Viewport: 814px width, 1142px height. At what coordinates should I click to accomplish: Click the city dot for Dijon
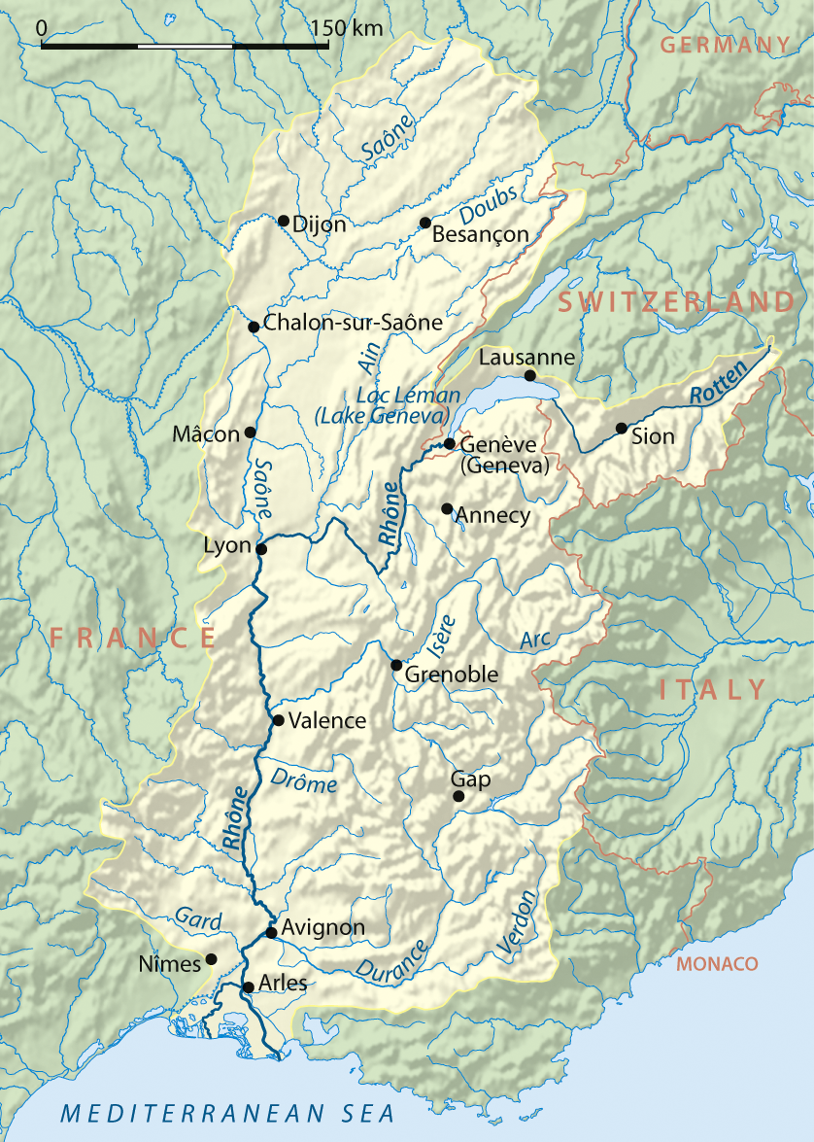pyautogui.click(x=284, y=221)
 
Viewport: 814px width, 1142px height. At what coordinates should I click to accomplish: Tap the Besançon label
pyautogui.click(x=480, y=234)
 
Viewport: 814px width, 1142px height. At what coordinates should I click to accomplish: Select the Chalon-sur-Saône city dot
pyautogui.click(x=254, y=327)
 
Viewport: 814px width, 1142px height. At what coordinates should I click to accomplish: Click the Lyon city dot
pyautogui.click(x=260, y=549)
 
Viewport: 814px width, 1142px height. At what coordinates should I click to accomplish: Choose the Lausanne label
pyautogui.click(x=527, y=358)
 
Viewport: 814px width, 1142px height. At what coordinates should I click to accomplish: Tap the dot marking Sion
pyautogui.click(x=622, y=428)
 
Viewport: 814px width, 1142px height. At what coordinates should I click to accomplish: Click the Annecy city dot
pyautogui.click(x=447, y=508)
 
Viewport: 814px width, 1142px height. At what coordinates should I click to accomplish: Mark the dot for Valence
pyautogui.click(x=279, y=720)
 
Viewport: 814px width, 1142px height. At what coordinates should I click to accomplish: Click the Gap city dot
pyautogui.click(x=458, y=796)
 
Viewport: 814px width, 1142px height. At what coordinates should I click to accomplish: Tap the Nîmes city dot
pyautogui.click(x=211, y=958)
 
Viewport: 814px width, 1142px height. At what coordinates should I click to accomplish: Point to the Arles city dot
pyautogui.click(x=248, y=986)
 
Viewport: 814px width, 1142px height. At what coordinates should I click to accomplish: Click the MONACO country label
pyautogui.click(x=717, y=963)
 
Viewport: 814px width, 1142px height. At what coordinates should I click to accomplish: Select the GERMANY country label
pyautogui.click(x=725, y=44)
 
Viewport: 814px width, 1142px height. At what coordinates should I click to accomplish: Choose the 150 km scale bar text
pyautogui.click(x=348, y=28)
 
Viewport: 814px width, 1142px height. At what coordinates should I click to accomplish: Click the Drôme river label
pyautogui.click(x=304, y=780)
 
